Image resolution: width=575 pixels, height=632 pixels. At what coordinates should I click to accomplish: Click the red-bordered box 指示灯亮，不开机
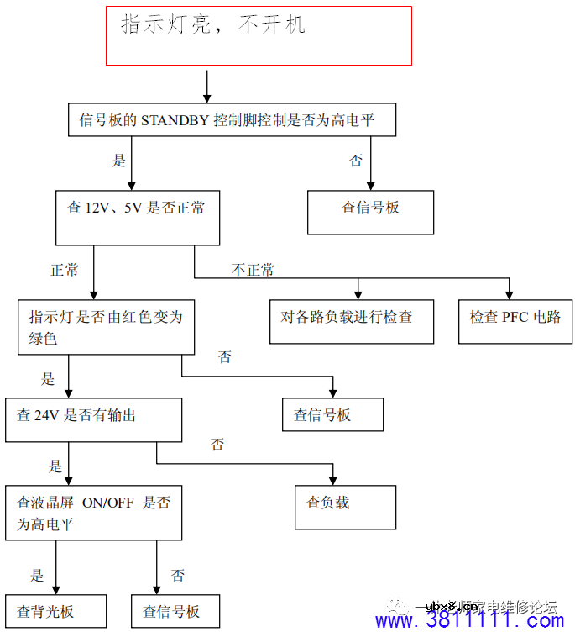(x=259, y=35)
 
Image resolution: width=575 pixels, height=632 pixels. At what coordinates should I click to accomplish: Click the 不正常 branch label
(x=252, y=270)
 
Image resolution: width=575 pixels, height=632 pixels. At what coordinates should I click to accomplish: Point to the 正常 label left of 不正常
(x=65, y=270)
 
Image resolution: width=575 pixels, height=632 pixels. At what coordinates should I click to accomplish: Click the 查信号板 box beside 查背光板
(x=175, y=611)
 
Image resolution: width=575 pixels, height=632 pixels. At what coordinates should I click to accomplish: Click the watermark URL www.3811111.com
(x=469, y=620)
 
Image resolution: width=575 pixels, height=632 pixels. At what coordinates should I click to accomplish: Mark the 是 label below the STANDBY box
(x=118, y=159)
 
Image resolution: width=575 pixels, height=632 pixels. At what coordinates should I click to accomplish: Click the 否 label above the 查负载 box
(x=217, y=445)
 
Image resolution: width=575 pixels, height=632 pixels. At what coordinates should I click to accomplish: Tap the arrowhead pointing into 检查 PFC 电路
(x=510, y=294)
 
